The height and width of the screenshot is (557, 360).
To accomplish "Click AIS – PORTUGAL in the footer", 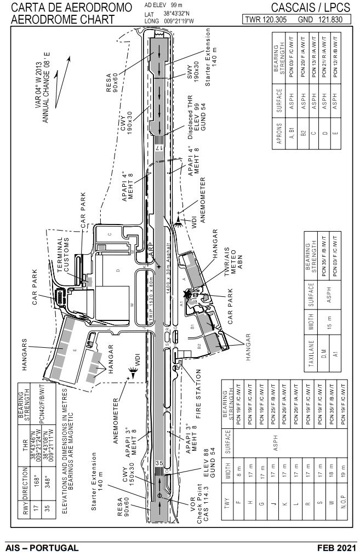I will coord(42,548).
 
